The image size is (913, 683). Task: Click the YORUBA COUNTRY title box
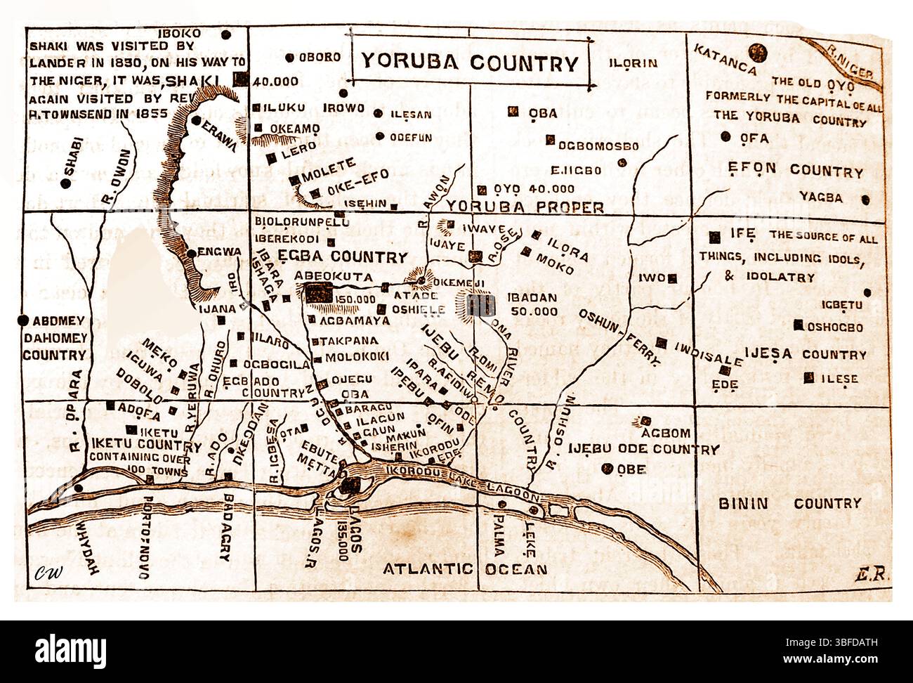pyautogui.click(x=470, y=63)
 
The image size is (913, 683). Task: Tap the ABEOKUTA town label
pyautogui.click(x=333, y=276)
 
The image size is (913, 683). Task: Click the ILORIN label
pyautogui.click(x=633, y=63)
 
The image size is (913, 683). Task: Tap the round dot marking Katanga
pyautogui.click(x=757, y=51)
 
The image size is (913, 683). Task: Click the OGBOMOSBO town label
pyautogui.click(x=598, y=147)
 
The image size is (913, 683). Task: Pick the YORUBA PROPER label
pyautogui.click(x=525, y=207)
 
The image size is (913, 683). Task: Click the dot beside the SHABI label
pyautogui.click(x=65, y=183)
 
